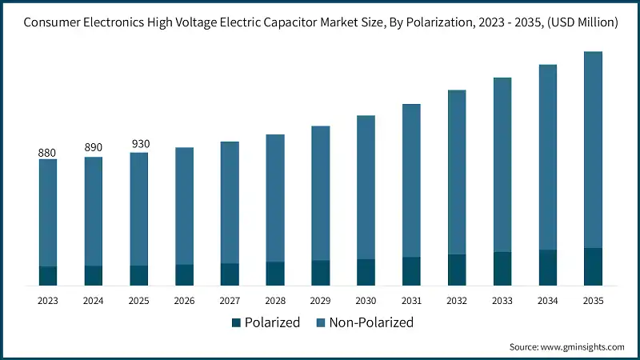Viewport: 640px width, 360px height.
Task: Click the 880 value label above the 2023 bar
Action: click(x=48, y=152)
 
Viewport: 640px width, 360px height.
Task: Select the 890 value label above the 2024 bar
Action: click(x=94, y=148)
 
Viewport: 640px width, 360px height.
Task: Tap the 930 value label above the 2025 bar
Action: click(x=139, y=144)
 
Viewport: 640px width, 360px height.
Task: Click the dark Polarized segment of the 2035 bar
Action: click(x=593, y=266)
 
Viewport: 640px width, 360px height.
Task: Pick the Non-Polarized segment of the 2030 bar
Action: click(x=366, y=187)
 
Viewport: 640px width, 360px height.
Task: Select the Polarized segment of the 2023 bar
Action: click(x=48, y=276)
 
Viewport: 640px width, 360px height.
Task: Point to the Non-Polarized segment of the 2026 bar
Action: click(x=184, y=206)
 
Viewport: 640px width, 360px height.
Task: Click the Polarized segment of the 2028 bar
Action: click(x=275, y=274)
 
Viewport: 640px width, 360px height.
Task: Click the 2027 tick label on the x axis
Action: click(x=230, y=301)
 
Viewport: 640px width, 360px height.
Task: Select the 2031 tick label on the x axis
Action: click(x=411, y=301)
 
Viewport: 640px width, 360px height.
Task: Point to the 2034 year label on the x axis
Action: click(x=548, y=301)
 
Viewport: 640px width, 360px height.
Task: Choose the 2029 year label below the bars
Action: click(x=321, y=301)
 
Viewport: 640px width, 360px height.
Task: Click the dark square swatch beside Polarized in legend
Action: click(x=236, y=323)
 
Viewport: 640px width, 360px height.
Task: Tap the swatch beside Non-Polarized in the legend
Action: click(x=320, y=323)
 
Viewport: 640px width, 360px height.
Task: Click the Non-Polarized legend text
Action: click(x=370, y=323)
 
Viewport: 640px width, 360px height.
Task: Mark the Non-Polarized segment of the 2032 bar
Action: click(x=457, y=172)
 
